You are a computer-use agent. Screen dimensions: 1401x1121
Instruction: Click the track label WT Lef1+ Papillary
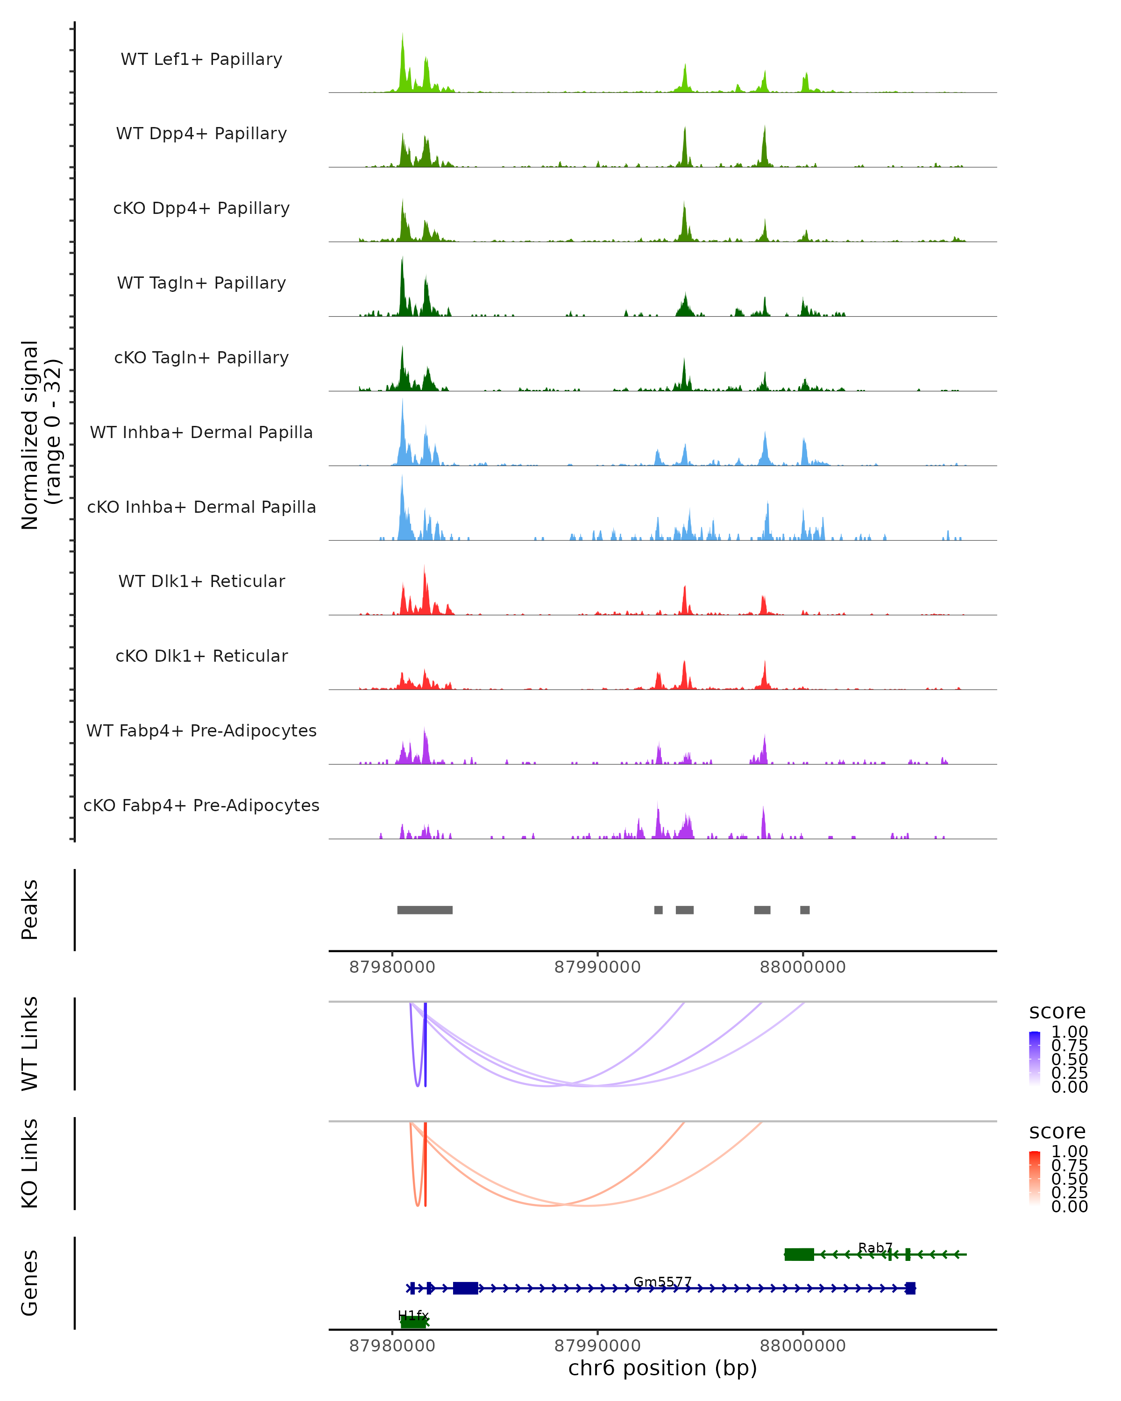[x=201, y=59]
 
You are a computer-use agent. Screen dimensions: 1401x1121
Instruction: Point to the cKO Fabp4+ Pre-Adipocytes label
[x=201, y=805]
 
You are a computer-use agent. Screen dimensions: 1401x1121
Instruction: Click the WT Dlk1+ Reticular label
[x=201, y=581]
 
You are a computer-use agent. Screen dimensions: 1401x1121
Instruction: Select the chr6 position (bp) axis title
[x=662, y=1368]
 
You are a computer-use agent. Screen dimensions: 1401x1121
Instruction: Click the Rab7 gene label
[x=875, y=1248]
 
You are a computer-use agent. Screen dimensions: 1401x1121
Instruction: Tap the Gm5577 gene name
[x=662, y=1281]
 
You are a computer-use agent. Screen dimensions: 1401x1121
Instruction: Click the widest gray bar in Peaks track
[x=425, y=910]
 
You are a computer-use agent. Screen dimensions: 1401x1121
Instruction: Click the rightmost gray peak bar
[x=804, y=910]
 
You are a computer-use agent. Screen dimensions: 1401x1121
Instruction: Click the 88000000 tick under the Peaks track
[x=802, y=967]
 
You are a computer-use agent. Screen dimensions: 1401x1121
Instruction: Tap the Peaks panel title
[x=30, y=909]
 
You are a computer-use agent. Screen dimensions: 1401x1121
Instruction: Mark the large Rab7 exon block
[x=799, y=1254]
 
